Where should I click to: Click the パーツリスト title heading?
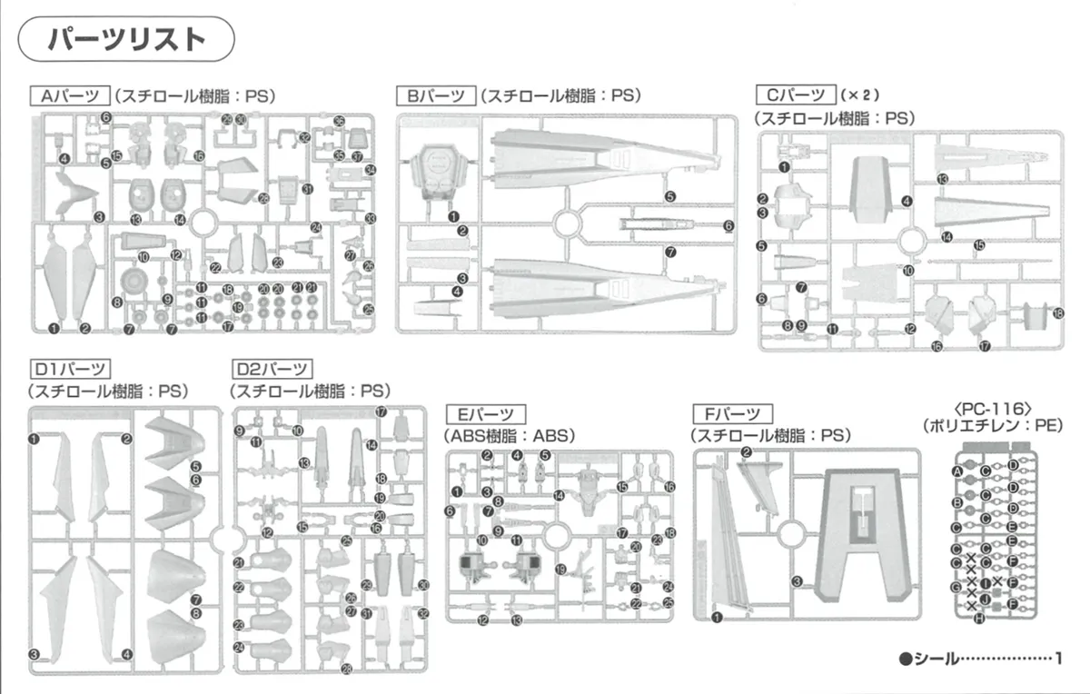tap(126, 39)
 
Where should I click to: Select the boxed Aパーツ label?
tap(70, 95)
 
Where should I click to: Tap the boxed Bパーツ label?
tap(435, 95)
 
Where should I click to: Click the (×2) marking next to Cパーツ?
tap(861, 94)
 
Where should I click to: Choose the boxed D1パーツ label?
tap(70, 369)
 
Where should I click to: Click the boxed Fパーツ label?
tap(732, 413)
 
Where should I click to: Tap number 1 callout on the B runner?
tap(452, 215)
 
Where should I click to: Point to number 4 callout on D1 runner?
tap(127, 654)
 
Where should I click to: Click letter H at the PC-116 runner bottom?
tap(978, 620)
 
